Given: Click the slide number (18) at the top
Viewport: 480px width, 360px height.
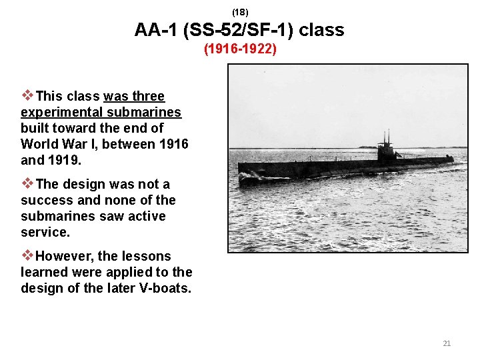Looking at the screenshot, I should (x=240, y=12).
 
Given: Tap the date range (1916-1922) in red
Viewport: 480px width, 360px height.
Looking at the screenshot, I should (x=240, y=49).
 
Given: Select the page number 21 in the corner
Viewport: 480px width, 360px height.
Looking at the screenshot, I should (x=447, y=343).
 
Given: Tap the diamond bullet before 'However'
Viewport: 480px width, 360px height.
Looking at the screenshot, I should (x=27, y=255).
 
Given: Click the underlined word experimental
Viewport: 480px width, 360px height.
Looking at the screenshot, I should (x=60, y=112).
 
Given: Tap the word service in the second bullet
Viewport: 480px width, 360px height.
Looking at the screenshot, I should (x=45, y=232).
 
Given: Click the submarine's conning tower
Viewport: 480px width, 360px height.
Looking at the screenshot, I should (x=386, y=150).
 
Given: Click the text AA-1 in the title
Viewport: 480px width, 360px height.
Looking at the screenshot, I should (x=154, y=30).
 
